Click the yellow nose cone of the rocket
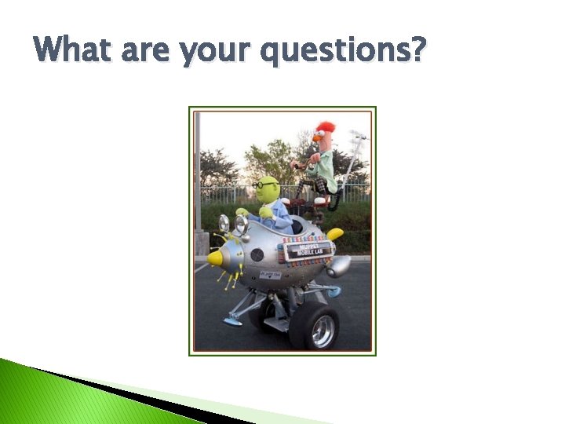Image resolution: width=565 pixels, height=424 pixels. [x=214, y=258]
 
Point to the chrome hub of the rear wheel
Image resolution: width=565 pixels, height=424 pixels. [x=322, y=331]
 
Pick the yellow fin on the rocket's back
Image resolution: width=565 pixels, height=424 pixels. [x=335, y=233]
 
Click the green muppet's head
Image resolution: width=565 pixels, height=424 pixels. [x=268, y=189]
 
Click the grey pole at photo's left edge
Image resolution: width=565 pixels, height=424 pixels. [x=198, y=181]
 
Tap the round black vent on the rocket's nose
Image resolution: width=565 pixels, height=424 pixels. [x=257, y=254]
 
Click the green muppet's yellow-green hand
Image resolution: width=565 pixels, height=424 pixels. [x=266, y=212]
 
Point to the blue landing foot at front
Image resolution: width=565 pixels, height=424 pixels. [x=232, y=321]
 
